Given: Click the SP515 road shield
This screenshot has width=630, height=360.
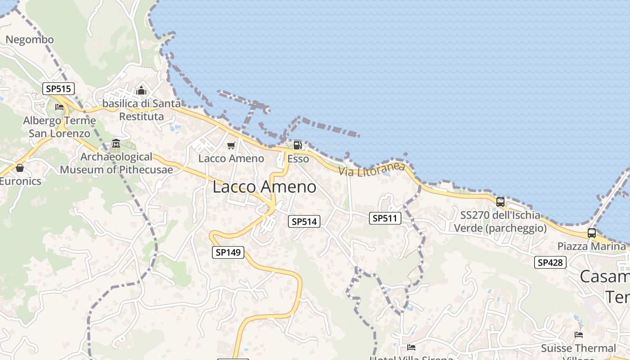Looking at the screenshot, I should coord(58,89).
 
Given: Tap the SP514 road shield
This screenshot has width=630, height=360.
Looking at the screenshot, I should coord(304,221).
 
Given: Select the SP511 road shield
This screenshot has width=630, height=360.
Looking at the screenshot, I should coord(385,218).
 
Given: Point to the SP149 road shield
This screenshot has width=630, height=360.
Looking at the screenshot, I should coord(228,252).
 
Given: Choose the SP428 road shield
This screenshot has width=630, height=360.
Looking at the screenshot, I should coord(550,262).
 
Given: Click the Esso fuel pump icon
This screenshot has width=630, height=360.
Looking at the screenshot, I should coord(297,145).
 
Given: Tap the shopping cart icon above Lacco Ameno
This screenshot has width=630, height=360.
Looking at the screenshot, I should coord(231,145).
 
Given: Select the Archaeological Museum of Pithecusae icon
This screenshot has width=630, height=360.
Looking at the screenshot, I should coord(116,144).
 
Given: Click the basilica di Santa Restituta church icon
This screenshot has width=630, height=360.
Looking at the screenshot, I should coord(141,90).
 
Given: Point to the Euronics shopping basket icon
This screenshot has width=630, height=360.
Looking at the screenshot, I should coord(20,168).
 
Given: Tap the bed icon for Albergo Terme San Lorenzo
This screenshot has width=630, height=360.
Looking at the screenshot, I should coord(59,107).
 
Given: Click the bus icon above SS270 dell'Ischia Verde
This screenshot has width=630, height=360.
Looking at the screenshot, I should coord(500,202).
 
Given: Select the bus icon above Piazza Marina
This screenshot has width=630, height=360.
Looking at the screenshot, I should coord(591,233).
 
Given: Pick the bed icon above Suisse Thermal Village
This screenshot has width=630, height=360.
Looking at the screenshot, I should coord(579,335).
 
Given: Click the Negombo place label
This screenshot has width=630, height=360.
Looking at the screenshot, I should coord(30,40).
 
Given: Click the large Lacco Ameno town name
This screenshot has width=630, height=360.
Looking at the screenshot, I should coord(264,187).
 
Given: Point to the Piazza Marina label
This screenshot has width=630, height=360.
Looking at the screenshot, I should coord(591,246).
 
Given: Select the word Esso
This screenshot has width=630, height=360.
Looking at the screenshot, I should coord(298,159).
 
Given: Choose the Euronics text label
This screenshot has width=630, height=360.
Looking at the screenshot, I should coord(20,181).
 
